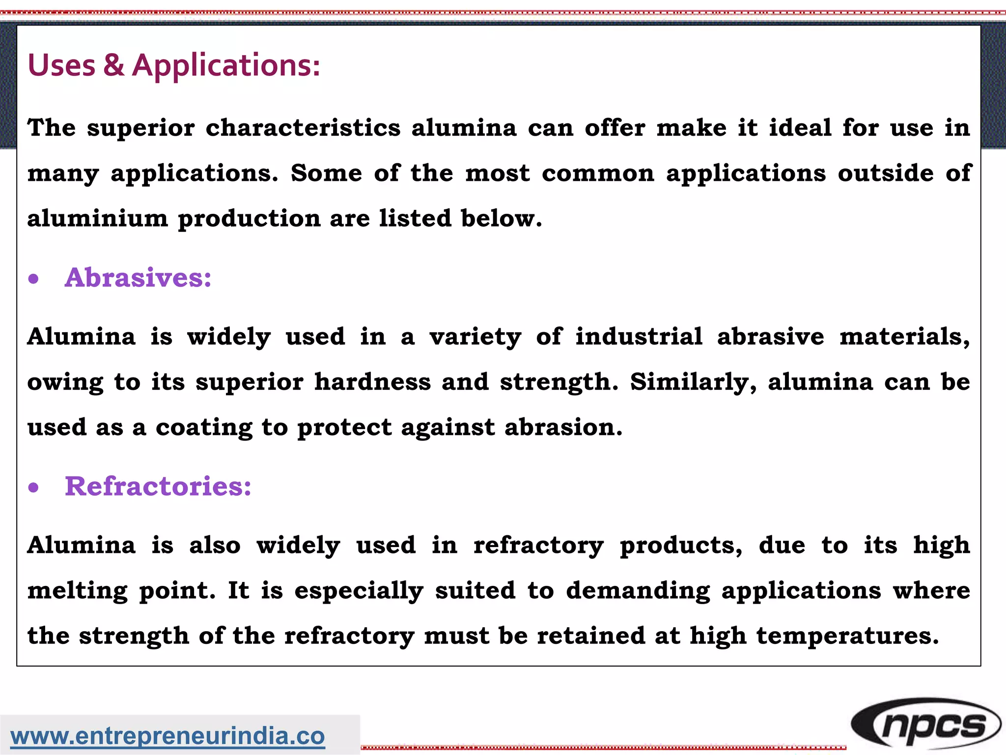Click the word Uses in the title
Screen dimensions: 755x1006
61,65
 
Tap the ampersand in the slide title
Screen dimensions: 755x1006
113,65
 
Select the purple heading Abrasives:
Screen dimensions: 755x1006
138,277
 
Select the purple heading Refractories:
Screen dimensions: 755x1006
158,486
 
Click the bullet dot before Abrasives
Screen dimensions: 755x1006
33,279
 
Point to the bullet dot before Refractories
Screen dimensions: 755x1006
33,488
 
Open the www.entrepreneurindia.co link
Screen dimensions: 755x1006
168,736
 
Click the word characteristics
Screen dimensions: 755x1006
303,128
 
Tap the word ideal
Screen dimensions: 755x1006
800,128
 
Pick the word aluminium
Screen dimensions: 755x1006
97,218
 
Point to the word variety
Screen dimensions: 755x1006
475,337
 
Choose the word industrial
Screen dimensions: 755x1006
639,337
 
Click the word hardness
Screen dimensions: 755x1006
372,382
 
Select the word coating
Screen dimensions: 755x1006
204,428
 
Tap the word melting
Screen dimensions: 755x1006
78,591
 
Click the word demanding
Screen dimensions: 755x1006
638,591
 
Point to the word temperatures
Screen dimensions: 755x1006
847,636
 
